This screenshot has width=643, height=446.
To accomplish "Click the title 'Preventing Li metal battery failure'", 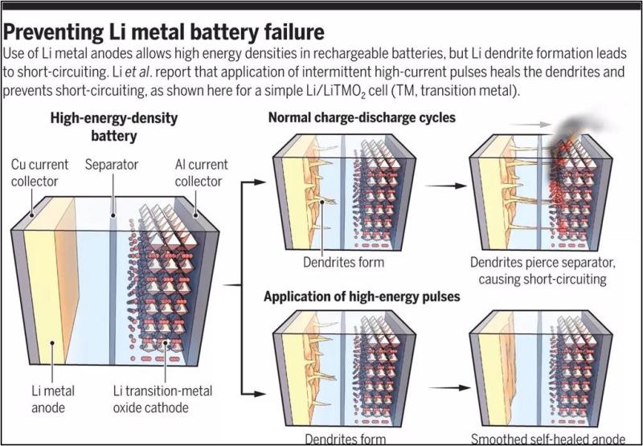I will pyautogui.click(x=166, y=33).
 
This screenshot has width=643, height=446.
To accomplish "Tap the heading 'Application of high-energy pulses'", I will pyautogui.click(x=362, y=297).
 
